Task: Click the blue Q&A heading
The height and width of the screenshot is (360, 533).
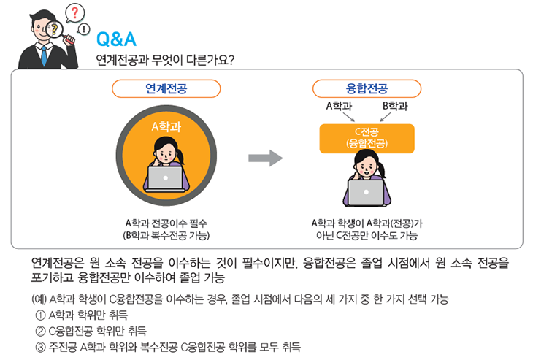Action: click(116, 39)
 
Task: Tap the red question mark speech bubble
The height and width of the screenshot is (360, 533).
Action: click(74, 13)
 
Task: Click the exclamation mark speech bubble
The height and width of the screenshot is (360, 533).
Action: click(84, 29)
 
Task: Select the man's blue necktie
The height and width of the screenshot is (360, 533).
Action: click(44, 55)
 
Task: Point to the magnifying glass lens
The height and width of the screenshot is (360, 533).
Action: click(54, 29)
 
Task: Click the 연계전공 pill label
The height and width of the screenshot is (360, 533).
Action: click(166, 89)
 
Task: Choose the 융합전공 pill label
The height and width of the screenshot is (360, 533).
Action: click(367, 89)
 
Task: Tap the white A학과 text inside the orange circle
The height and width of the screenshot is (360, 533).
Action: click(166, 127)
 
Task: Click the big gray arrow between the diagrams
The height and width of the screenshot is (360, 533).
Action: click(266, 158)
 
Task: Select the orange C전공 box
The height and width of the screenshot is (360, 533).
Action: click(367, 138)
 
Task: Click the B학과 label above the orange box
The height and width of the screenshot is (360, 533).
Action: click(395, 106)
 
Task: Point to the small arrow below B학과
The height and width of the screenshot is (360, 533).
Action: click(385, 117)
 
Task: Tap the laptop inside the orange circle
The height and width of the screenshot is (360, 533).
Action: click(166, 178)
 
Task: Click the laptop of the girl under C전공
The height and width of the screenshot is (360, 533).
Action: click(366, 192)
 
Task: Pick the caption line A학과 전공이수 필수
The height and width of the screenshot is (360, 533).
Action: click(166, 223)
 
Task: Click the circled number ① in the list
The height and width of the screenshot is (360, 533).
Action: click(40, 315)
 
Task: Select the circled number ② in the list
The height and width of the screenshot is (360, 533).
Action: click(40, 331)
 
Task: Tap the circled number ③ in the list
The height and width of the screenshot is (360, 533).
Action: click(40, 347)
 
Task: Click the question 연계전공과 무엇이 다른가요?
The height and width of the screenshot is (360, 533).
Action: click(165, 60)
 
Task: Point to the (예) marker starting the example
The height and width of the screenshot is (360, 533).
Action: click(39, 299)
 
